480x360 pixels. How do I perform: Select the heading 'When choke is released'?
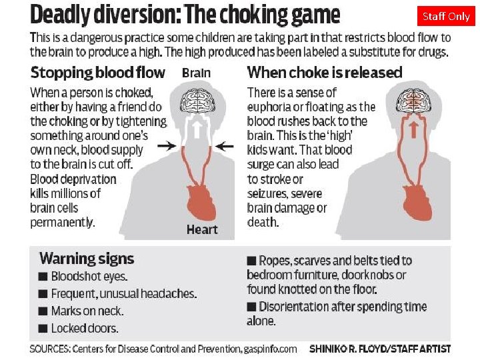tap(325, 72)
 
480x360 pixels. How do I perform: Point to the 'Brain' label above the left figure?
tap(196, 73)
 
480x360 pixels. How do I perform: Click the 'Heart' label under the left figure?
tap(202, 229)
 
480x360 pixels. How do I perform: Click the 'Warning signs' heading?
tap(87, 259)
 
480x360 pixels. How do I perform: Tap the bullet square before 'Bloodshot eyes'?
tap(43, 276)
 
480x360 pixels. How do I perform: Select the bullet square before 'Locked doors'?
tap(43, 328)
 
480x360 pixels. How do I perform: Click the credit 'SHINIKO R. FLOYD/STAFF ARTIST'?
tap(380, 349)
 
